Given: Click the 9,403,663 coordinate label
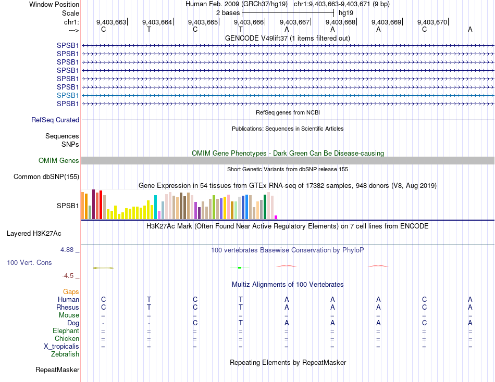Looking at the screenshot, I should click(111, 22).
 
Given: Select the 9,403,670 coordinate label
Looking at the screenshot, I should click(432, 22).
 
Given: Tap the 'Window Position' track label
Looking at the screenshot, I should click(54, 4).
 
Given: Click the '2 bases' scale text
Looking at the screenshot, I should click(228, 12).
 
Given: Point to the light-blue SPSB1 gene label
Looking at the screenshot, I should click(68, 95).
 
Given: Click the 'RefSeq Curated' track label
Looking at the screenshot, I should click(55, 120).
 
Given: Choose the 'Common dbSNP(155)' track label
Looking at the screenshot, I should click(46, 177).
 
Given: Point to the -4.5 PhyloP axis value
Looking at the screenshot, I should click(69, 276).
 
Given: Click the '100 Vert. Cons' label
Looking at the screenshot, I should click(29, 263).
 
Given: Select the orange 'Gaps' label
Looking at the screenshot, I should click(71, 292).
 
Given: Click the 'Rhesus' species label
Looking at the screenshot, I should click(68, 308).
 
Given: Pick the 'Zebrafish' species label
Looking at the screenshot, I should click(65, 354).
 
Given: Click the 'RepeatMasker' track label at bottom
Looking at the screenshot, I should click(57, 370).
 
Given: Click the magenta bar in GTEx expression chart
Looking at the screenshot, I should click(276, 217).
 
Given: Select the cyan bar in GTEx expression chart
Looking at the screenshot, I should click(155, 207).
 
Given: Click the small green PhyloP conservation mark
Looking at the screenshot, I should click(239, 268).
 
